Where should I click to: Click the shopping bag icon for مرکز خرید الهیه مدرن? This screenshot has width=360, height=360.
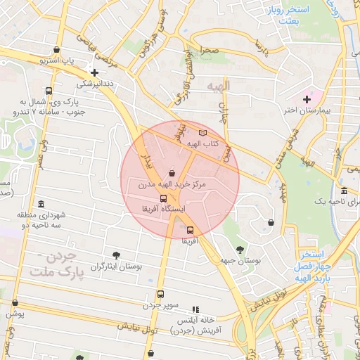coord(172,172)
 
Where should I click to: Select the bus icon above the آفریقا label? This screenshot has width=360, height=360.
coord(190,229)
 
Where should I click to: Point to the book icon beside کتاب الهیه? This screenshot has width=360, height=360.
coord(203,132)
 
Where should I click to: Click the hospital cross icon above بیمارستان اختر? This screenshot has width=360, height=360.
coord(307,98)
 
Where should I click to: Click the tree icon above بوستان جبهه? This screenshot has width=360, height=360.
coord(240,249)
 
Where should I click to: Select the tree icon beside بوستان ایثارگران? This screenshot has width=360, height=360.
coord(117,255)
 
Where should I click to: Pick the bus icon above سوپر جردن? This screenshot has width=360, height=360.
coord(160,295)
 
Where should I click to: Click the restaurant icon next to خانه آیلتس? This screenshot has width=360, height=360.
coord(195,309)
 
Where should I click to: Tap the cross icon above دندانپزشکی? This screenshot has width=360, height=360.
coord(94,72)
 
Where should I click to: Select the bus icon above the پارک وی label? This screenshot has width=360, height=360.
coord(48,91)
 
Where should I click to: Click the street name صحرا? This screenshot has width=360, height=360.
coord(208,51)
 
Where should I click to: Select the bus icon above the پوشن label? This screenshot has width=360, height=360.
coord(15,303)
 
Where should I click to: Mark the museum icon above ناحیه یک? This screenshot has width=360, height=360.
coord(344,191)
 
